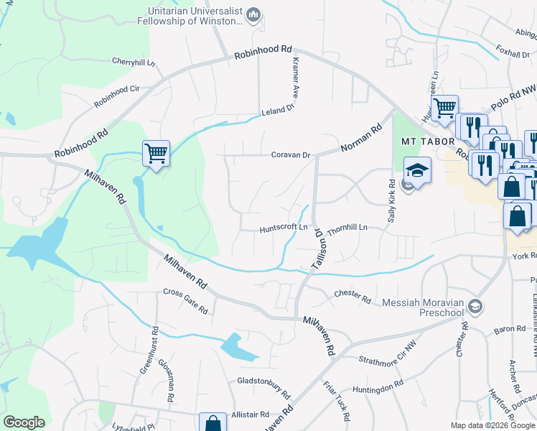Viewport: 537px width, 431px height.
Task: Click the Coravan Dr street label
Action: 290,154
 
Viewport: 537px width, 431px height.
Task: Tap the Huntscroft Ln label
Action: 284,229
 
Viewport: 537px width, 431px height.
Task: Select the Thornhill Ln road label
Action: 347,228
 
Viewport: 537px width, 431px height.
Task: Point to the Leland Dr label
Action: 279,110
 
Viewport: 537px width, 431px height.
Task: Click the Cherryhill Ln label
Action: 134,62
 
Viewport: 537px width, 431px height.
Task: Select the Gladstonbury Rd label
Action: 263,388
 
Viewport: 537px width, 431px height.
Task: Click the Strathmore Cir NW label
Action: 387,352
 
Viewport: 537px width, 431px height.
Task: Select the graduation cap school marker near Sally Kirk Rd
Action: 416,171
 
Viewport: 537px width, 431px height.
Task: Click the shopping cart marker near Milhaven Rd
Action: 156,153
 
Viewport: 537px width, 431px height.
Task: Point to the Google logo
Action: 24,422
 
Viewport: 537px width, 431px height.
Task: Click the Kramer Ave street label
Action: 294,78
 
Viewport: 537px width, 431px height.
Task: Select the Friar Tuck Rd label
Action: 336,401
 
